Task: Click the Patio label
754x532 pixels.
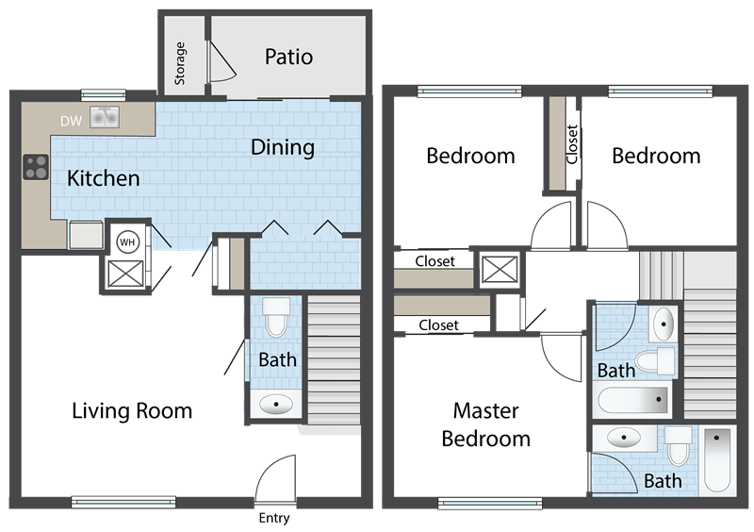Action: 287,57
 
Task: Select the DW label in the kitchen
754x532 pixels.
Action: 71,120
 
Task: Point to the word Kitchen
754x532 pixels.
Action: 104,178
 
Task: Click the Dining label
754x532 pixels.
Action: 283,147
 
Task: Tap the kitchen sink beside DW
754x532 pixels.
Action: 104,118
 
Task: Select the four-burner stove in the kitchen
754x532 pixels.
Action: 36,167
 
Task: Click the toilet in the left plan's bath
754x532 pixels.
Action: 275,320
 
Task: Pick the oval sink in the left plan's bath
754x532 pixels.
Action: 275,404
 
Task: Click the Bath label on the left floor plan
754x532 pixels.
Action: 278,359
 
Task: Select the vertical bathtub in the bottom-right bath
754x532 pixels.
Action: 719,459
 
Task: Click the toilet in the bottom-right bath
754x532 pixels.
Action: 679,443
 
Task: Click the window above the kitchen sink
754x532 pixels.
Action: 104,93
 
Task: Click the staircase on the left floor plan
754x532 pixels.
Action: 335,358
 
